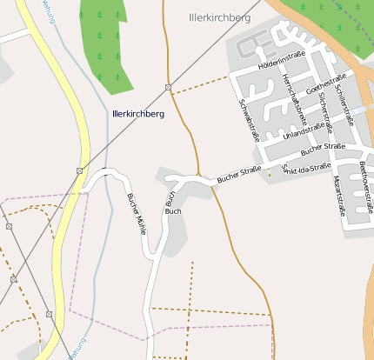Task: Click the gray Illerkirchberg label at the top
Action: pos(219,17)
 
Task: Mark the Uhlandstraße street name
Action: pos(309,130)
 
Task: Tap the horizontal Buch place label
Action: pos(173,211)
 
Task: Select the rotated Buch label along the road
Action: pos(170,197)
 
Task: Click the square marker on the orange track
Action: pos(168,87)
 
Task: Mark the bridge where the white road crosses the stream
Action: pos(105,172)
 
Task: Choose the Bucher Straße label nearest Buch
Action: pos(239,174)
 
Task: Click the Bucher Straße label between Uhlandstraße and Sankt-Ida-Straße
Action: pos(321,149)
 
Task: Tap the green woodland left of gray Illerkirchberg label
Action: pos(105,39)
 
